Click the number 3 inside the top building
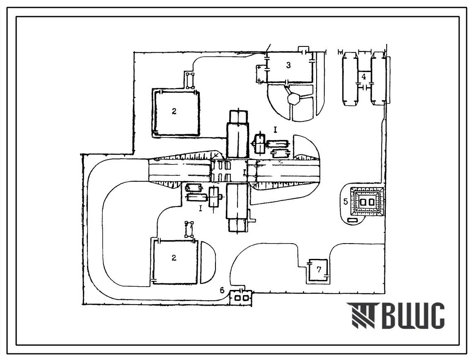point(288,65)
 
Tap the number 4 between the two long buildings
point(363,77)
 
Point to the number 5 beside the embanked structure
point(346,201)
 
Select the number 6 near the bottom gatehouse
point(222,290)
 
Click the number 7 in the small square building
point(319,270)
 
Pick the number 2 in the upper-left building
point(174,111)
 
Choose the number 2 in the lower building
point(174,258)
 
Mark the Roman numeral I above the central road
point(275,130)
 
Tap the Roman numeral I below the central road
point(201,208)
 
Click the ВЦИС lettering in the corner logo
point(413,316)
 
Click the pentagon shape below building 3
point(293,99)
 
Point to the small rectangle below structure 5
point(353,221)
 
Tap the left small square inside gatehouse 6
point(238,298)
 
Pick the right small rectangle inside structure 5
point(372,202)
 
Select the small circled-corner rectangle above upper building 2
point(190,80)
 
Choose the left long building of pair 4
point(350,79)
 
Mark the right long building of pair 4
point(378,79)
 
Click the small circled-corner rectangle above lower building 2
point(189,230)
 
